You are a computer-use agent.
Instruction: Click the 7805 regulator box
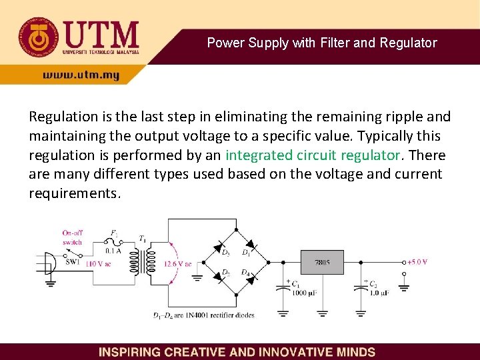(321, 263)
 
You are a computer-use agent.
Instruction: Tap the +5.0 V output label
(418, 261)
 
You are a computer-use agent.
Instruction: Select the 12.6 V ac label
(177, 264)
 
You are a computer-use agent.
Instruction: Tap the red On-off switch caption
(72, 237)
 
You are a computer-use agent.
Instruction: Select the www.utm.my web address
(81, 75)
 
